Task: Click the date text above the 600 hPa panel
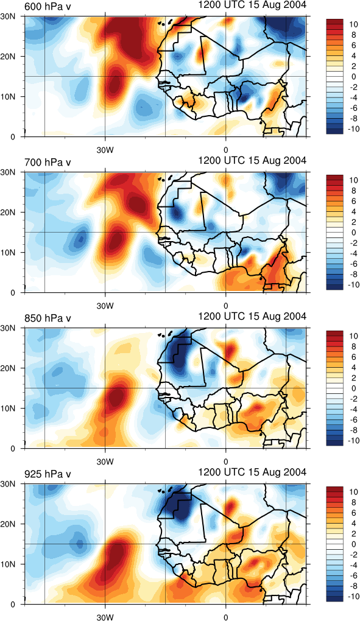252,5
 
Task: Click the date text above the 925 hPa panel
252,472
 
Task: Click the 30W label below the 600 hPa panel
105,150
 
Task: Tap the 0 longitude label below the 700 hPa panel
226,306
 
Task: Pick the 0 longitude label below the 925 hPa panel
226,617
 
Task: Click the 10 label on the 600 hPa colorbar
355,24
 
